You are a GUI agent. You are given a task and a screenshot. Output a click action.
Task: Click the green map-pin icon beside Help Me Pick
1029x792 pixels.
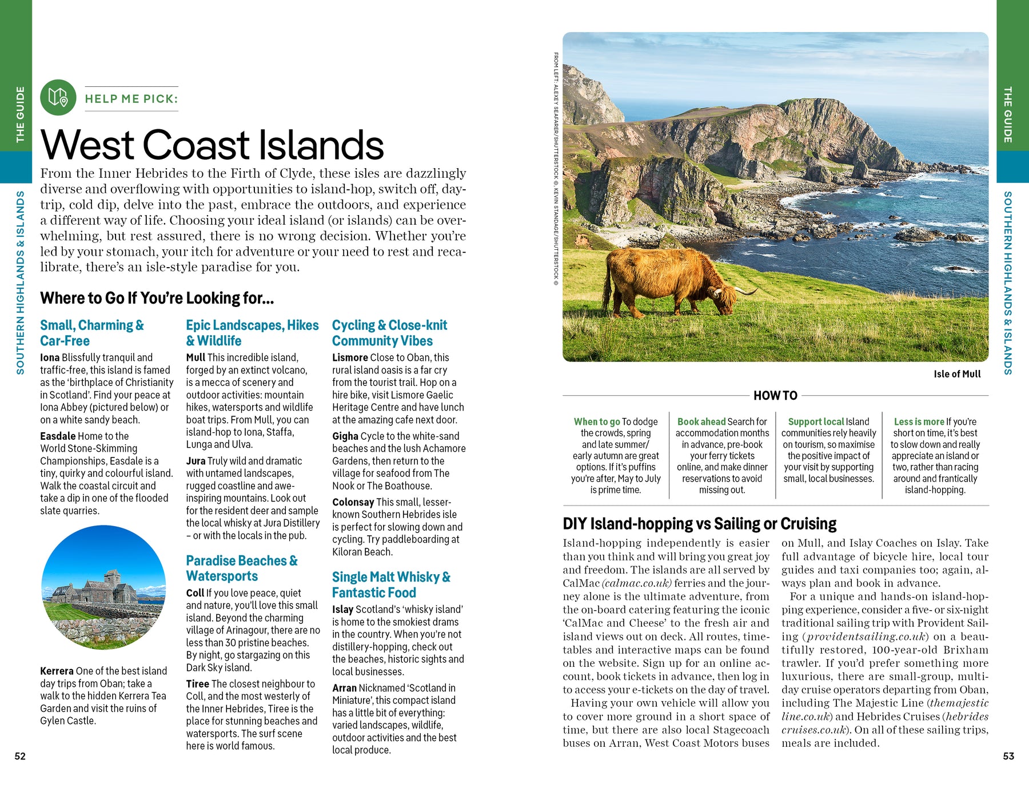tap(58, 98)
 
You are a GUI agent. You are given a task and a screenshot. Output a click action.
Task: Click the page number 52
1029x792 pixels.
tap(20, 756)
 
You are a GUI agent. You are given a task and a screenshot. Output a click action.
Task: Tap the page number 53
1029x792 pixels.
tap(1008, 756)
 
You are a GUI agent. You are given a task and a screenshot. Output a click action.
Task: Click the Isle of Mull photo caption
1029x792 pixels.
tap(957, 374)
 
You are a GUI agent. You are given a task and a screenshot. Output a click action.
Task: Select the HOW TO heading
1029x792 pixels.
tap(775, 395)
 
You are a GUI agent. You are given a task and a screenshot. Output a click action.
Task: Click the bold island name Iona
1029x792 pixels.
tap(50, 357)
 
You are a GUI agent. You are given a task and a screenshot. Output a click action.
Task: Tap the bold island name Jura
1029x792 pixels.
tap(196, 461)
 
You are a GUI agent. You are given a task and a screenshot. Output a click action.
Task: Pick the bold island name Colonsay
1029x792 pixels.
tap(353, 502)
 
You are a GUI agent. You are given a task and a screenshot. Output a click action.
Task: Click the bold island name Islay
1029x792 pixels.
tap(342, 610)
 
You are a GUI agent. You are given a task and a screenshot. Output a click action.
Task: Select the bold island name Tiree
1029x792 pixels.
tap(197, 684)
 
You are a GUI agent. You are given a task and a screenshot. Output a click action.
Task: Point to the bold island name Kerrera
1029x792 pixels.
tap(57, 671)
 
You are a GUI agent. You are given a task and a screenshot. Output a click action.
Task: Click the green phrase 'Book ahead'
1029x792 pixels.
tap(701, 421)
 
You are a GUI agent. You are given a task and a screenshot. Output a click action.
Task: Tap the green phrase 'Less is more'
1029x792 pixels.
tap(919, 421)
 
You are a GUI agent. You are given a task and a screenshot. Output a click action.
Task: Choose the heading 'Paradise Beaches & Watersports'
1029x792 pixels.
tap(242, 568)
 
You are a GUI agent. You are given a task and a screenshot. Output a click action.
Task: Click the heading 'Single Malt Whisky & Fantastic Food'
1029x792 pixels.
tap(391, 584)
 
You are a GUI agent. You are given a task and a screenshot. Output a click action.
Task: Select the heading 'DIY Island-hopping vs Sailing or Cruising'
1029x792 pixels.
tap(699, 524)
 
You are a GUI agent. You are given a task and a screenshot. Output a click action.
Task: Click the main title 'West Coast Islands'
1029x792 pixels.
tap(212, 145)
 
